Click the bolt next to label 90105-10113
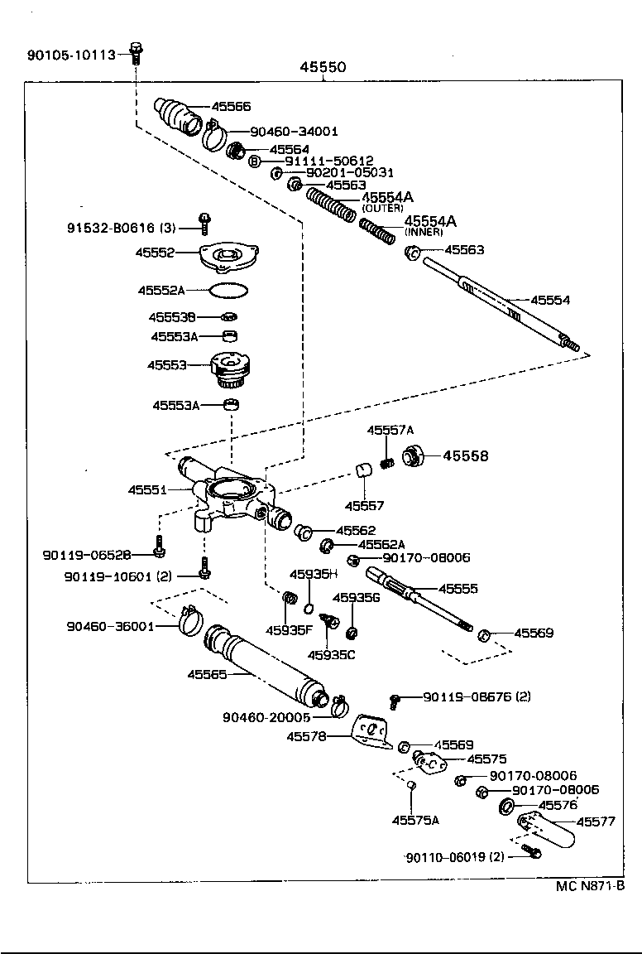[137, 53]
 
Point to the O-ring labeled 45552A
[229, 290]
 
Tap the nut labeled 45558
[413, 455]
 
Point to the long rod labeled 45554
[496, 302]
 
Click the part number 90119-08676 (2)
[477, 696]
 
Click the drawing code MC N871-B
[589, 886]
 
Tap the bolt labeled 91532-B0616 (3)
[204, 222]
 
